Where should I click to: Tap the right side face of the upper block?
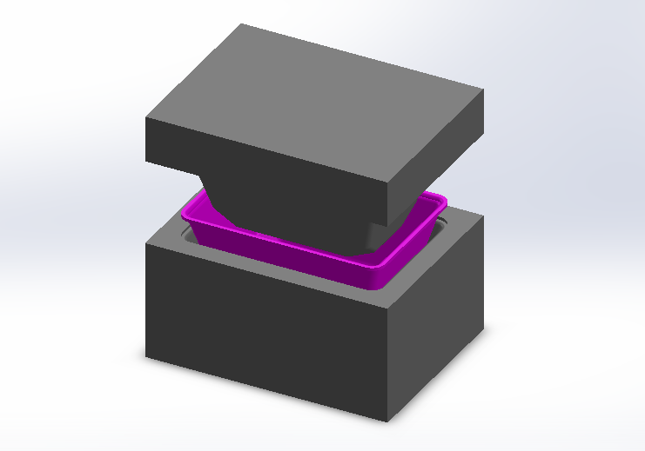point(435,156)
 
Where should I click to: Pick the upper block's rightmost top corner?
point(484,90)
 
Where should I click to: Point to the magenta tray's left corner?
point(182,214)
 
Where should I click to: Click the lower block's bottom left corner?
point(145,356)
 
